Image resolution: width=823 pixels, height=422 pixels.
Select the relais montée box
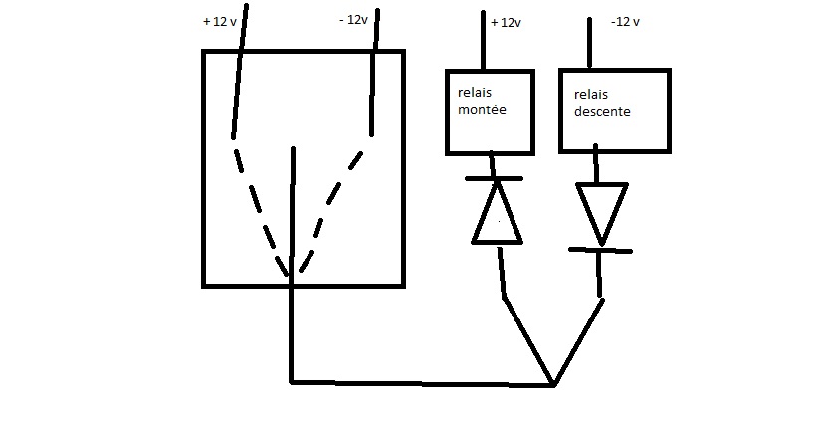pyautogui.click(x=489, y=111)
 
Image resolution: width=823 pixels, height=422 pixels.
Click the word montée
pyautogui.click(x=482, y=110)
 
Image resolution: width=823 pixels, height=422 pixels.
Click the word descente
pyautogui.click(x=602, y=112)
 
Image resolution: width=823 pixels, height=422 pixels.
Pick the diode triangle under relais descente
pyautogui.click(x=601, y=209)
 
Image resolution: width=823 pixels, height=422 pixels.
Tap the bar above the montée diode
pyautogui.click(x=495, y=179)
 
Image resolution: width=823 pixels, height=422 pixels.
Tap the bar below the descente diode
pyautogui.click(x=600, y=249)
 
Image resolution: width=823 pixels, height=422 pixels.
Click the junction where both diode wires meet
pyautogui.click(x=552, y=384)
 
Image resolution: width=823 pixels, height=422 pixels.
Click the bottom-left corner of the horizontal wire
pyautogui.click(x=292, y=381)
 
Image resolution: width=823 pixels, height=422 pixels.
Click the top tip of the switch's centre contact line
pyautogui.click(x=293, y=149)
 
